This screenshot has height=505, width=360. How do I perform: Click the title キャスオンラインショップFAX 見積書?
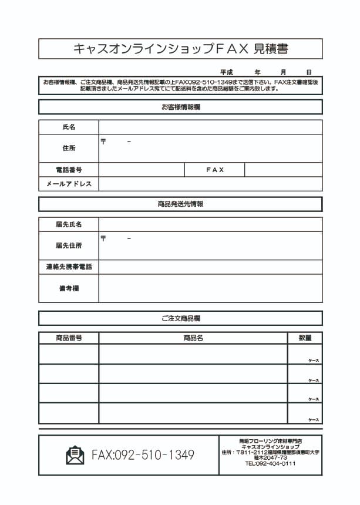[x=180, y=49]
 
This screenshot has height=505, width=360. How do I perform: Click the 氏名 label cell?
[x=69, y=127]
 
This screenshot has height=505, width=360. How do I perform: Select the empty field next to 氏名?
[x=210, y=127]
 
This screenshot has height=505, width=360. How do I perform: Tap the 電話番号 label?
[x=69, y=170]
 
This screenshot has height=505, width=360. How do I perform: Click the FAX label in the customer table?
[x=215, y=170]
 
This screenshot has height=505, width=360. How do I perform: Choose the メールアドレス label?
[x=69, y=184]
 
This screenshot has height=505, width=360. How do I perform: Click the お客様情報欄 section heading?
[x=180, y=107]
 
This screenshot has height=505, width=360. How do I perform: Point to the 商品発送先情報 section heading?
[x=180, y=204]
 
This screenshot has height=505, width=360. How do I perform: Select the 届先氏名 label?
[x=69, y=224]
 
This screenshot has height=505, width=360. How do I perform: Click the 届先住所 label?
[x=69, y=245]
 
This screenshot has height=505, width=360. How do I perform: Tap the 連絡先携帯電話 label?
[x=69, y=267]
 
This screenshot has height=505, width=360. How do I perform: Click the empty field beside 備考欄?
[x=210, y=288]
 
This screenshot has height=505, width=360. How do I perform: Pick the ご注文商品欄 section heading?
[x=180, y=318]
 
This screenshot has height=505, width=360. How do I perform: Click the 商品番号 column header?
[x=69, y=338]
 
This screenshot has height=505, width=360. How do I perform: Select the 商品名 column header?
[x=193, y=338]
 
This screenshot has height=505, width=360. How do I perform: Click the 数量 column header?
[x=305, y=338]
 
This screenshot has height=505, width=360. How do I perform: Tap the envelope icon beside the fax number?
[x=75, y=455]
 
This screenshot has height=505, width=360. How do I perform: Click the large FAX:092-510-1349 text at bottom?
[x=143, y=455]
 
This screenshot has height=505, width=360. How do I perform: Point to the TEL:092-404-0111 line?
[x=270, y=464]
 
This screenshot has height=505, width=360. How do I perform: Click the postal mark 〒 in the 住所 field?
[x=103, y=142]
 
